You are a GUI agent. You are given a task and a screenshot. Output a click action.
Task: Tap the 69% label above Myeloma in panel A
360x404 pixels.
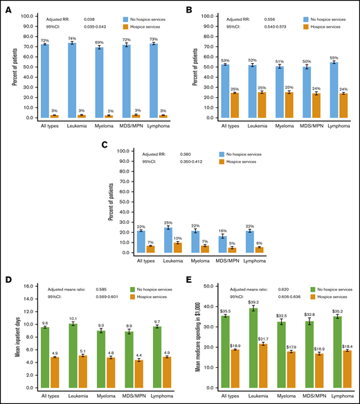(100, 42)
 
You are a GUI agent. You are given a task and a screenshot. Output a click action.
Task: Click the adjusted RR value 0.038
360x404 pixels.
(89, 12)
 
